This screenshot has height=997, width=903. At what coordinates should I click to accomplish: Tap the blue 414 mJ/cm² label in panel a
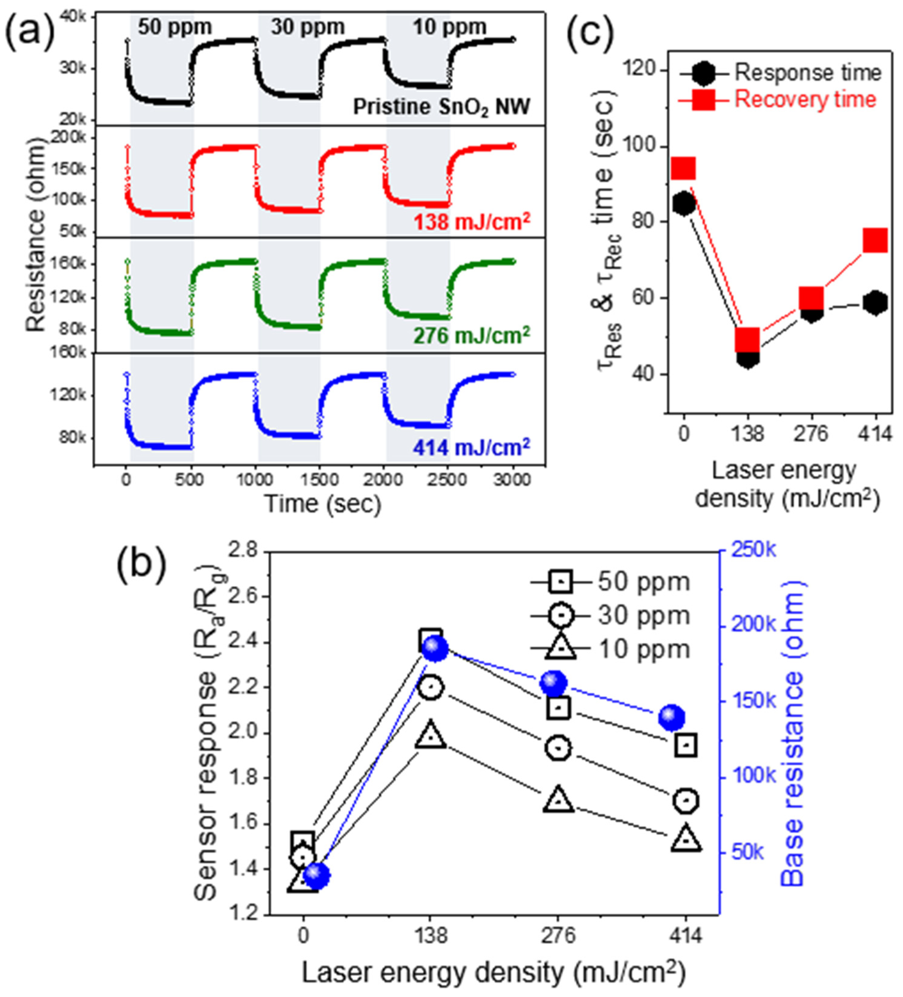click(x=471, y=448)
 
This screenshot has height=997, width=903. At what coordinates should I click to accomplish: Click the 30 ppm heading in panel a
click(x=308, y=27)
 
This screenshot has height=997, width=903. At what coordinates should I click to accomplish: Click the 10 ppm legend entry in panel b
click(x=643, y=648)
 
